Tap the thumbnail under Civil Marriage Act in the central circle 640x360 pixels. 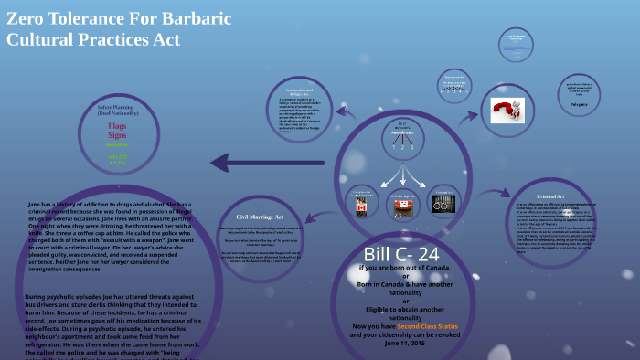click(402, 206)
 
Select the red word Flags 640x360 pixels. click(117, 124)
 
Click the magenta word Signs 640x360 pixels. click(117, 134)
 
